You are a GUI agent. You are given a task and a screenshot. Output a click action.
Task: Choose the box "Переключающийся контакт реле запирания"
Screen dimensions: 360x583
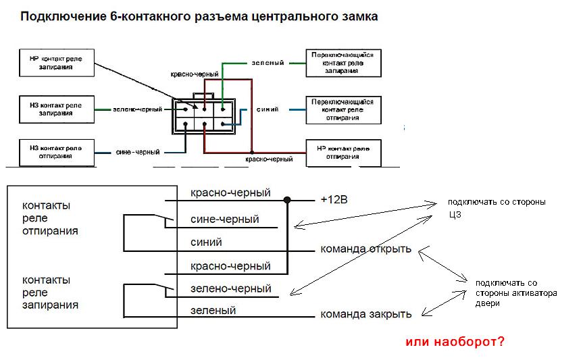pos(343,63)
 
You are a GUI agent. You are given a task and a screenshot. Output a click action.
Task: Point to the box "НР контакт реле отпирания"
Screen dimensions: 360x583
pos(343,153)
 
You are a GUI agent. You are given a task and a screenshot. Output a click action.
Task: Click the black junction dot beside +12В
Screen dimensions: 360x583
pos(288,200)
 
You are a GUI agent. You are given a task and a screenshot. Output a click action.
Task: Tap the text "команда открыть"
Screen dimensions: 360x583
pos(365,249)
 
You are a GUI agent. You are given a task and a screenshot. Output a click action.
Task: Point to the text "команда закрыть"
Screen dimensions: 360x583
pos(365,314)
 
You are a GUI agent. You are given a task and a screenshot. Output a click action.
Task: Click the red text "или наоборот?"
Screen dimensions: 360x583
pos(454,342)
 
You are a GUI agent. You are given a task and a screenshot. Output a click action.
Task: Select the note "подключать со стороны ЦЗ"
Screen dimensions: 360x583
pos(495,209)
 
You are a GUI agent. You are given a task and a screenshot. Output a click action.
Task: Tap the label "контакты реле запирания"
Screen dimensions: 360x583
pos(51,292)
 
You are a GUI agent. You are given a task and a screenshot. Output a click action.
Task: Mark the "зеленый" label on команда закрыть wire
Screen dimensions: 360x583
pos(213,311)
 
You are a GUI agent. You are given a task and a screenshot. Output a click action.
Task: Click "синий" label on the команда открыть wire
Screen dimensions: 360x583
pos(207,242)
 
